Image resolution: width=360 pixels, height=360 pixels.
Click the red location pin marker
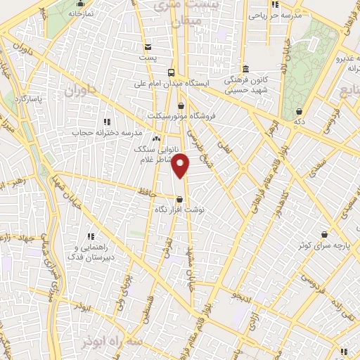[181, 165]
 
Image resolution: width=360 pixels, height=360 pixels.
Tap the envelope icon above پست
[147, 45]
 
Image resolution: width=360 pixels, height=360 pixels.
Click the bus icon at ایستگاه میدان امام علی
[172, 72]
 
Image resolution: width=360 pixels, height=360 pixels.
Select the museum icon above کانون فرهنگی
[245, 69]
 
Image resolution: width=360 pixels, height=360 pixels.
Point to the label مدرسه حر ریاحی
[281, 15]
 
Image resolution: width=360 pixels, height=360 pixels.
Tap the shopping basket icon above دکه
[300, 111]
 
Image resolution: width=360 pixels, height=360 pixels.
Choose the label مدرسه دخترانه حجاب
[107, 132]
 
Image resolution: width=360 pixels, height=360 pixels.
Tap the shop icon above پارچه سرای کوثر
[324, 234]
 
